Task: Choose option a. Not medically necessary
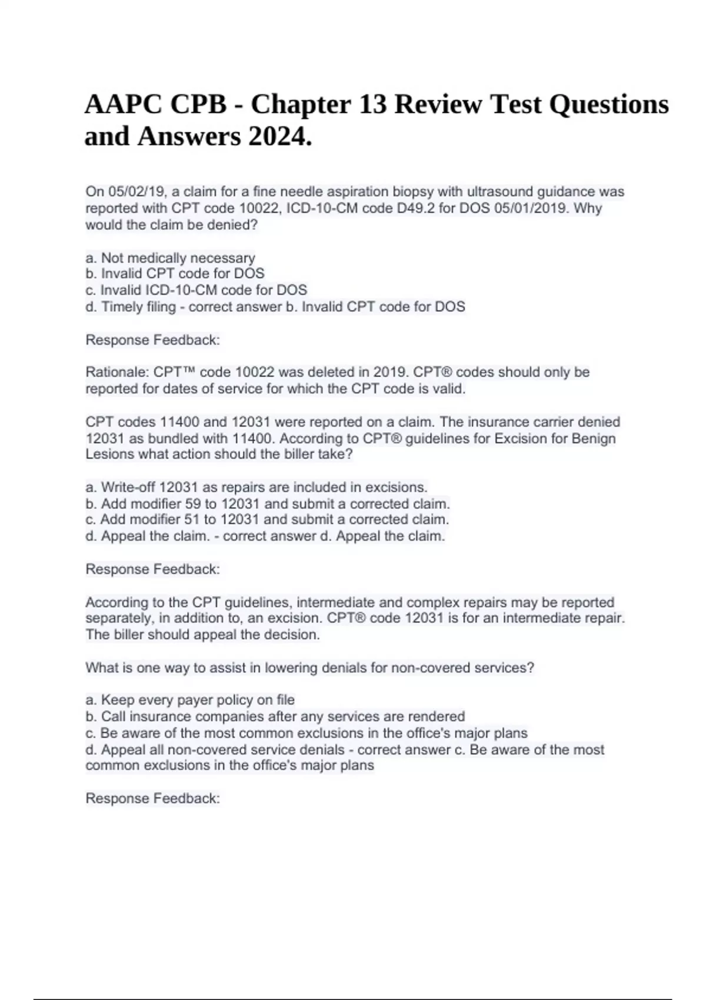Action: coord(171,258)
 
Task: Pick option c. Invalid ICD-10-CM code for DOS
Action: coord(197,290)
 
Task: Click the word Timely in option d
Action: coord(122,306)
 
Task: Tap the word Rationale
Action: coord(116,372)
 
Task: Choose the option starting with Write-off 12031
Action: coord(257,487)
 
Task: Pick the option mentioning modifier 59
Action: coord(268,504)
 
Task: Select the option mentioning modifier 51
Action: coord(267,519)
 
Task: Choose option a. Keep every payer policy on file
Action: coord(190,700)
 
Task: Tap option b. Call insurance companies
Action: coord(275,716)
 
